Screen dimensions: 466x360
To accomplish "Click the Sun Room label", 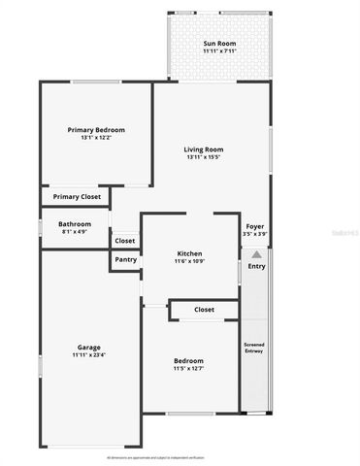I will point(219,44).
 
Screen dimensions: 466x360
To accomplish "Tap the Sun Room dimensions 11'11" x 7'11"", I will point(219,52).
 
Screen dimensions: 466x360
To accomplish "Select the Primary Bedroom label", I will point(96,129).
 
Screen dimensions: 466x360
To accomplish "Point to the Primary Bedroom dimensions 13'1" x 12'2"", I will point(96,138).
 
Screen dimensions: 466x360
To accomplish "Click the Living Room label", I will point(204,149).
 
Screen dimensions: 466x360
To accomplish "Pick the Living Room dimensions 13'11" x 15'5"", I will point(204,157).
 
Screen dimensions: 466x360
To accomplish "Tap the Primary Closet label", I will point(77,197).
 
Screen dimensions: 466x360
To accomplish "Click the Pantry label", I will point(125,259).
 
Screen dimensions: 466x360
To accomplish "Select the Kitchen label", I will point(189,251).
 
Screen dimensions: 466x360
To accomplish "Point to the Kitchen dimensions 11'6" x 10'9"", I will point(189,260).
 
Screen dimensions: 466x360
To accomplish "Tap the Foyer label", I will point(255,226).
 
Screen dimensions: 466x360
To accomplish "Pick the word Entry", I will point(256,265).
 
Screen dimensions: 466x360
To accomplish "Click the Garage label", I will point(89,348).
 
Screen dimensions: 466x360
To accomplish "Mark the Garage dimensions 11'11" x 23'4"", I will point(89,356).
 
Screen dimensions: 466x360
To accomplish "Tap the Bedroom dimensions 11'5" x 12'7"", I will point(189,367).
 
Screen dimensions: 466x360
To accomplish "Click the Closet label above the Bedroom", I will point(204,310).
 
